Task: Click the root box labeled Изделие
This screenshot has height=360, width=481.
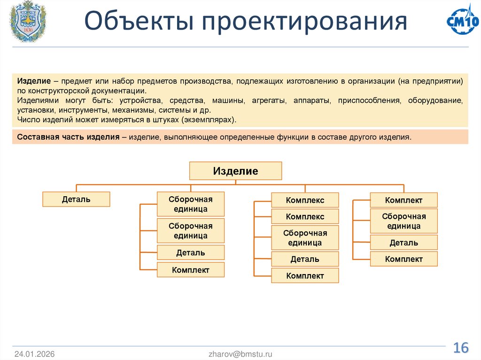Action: click(235, 171)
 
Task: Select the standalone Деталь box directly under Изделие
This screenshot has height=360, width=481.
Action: click(76, 199)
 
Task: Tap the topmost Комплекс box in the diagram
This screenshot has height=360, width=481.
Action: click(305, 200)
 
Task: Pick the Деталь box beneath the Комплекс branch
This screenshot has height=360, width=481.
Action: click(305, 259)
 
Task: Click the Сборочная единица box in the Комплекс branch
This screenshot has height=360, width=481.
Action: click(305, 237)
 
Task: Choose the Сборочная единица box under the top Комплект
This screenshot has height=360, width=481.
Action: click(403, 221)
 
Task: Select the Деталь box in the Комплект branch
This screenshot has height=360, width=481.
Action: click(403, 243)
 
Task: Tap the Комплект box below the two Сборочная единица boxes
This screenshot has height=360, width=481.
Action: click(190, 270)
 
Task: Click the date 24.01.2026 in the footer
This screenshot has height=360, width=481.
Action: click(34, 354)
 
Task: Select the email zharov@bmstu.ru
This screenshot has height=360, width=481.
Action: click(240, 354)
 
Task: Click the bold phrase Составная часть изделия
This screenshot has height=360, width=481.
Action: click(68, 137)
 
